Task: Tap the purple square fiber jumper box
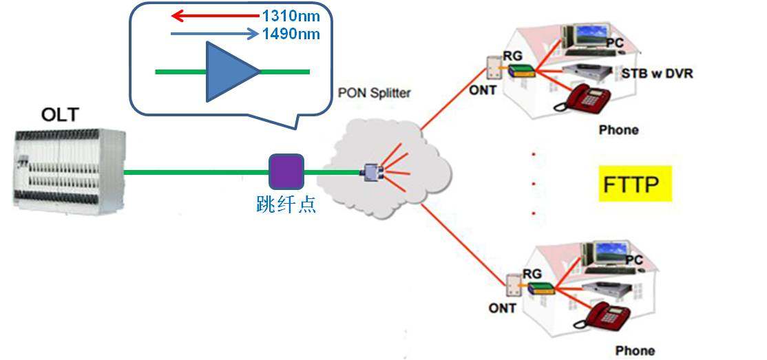[x=286, y=171]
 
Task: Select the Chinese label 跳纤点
[x=286, y=204]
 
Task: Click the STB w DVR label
[x=657, y=73]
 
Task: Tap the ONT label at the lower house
[x=503, y=308]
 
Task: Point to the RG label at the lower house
[x=532, y=273]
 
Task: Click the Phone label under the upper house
[x=618, y=129]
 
